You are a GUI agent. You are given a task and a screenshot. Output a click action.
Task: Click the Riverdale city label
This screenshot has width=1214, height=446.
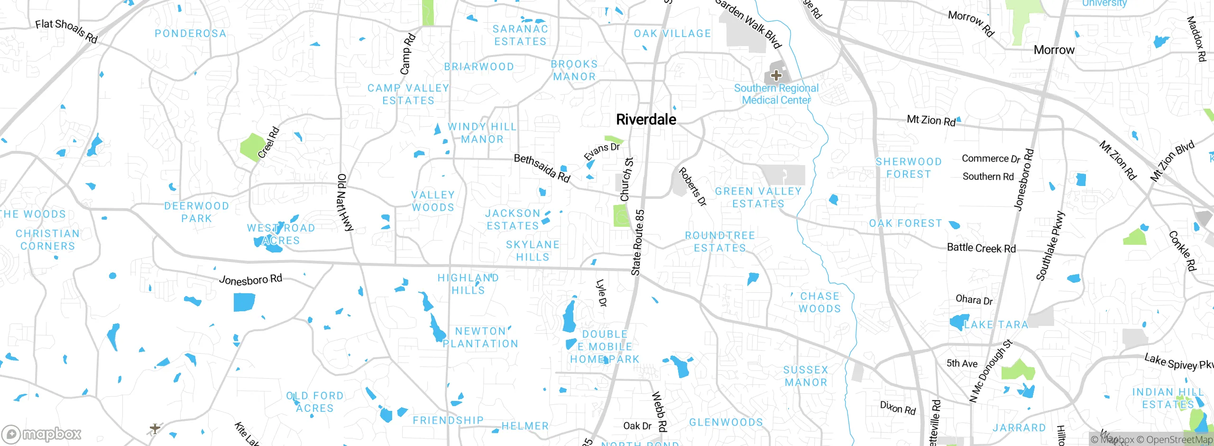(x=646, y=120)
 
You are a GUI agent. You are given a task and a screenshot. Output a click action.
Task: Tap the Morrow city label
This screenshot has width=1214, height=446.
(x=1054, y=50)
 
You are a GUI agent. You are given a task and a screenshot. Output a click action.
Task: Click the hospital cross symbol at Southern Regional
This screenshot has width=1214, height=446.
(x=776, y=75)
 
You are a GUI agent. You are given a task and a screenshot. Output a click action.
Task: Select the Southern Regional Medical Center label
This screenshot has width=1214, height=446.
(x=776, y=94)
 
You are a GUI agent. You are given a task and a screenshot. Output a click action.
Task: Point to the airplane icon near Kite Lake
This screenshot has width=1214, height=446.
(x=155, y=428)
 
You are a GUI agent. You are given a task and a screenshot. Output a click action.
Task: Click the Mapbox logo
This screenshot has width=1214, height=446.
(x=42, y=434)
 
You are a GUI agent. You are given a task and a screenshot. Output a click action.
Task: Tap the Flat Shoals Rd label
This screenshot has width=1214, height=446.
(x=66, y=31)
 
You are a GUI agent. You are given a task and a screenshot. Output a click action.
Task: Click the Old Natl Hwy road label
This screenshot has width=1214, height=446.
(x=345, y=203)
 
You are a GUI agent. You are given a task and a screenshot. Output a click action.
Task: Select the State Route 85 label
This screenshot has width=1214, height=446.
(x=638, y=242)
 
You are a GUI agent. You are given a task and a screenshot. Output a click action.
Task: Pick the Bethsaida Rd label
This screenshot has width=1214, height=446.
(x=542, y=168)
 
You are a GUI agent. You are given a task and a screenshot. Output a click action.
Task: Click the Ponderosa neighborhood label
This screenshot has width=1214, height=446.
(x=191, y=34)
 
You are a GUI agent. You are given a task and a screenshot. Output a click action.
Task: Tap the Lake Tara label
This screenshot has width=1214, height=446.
(x=996, y=325)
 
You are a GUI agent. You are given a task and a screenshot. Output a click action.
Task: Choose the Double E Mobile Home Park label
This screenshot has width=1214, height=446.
(x=605, y=347)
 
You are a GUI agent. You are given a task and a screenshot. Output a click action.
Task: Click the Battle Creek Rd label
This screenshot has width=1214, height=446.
(x=981, y=248)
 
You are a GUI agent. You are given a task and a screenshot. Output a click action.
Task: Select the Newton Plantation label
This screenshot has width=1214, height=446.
(x=480, y=337)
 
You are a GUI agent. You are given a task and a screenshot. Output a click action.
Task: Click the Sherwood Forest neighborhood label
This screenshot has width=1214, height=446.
(x=909, y=168)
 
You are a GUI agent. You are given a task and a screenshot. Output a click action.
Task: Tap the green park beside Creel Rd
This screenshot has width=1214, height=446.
(x=252, y=147)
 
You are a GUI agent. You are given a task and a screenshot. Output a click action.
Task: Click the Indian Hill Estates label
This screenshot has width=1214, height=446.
(x=1168, y=398)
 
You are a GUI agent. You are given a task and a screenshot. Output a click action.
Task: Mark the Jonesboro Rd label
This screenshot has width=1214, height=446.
(x=250, y=279)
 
